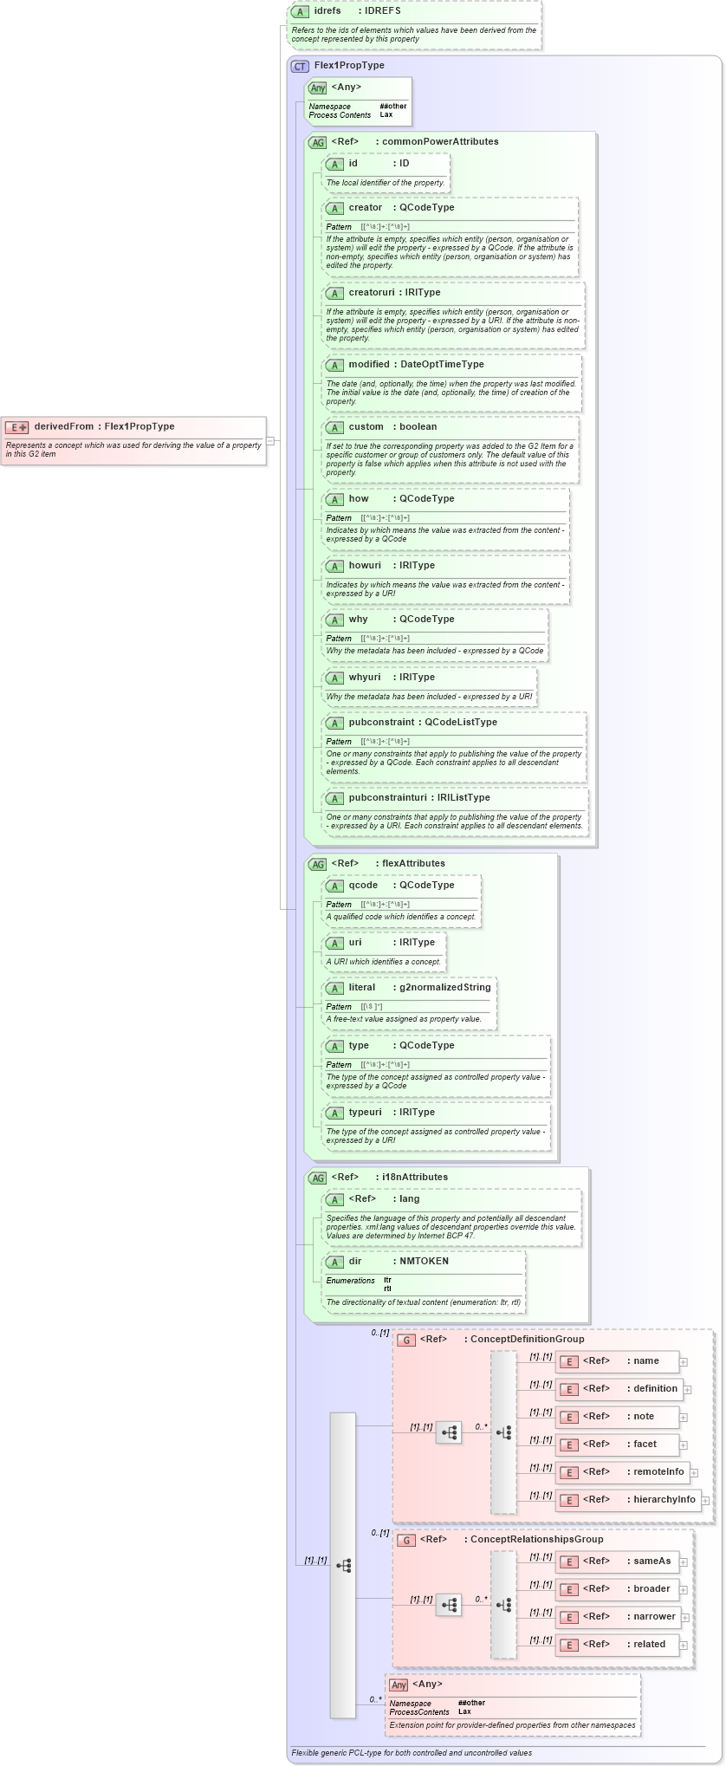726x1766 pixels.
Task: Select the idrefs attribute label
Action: [x=327, y=11]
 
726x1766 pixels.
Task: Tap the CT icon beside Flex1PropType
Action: [x=300, y=66]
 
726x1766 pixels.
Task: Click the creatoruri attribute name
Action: [x=371, y=293]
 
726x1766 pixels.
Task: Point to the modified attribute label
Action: [x=368, y=365]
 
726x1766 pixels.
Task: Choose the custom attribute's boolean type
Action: [x=418, y=427]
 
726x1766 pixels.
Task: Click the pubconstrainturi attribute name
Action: [x=387, y=798]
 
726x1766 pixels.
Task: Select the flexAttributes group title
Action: [x=413, y=864]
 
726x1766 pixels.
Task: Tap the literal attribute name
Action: [x=362, y=988]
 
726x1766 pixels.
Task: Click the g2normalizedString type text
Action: [x=444, y=988]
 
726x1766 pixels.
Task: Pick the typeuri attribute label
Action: [x=365, y=1113]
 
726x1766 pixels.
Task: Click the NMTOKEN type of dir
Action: [x=424, y=1262]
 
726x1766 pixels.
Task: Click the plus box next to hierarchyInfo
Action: [x=705, y=1501]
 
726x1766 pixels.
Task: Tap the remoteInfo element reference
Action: [x=658, y=1472]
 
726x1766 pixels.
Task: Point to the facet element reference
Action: [x=645, y=1445]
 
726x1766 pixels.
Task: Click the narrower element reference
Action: [x=654, y=1617]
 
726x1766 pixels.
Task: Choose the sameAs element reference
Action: [x=651, y=1561]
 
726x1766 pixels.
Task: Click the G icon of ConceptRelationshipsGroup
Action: [x=406, y=1540]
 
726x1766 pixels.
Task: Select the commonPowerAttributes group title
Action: [x=440, y=142]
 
